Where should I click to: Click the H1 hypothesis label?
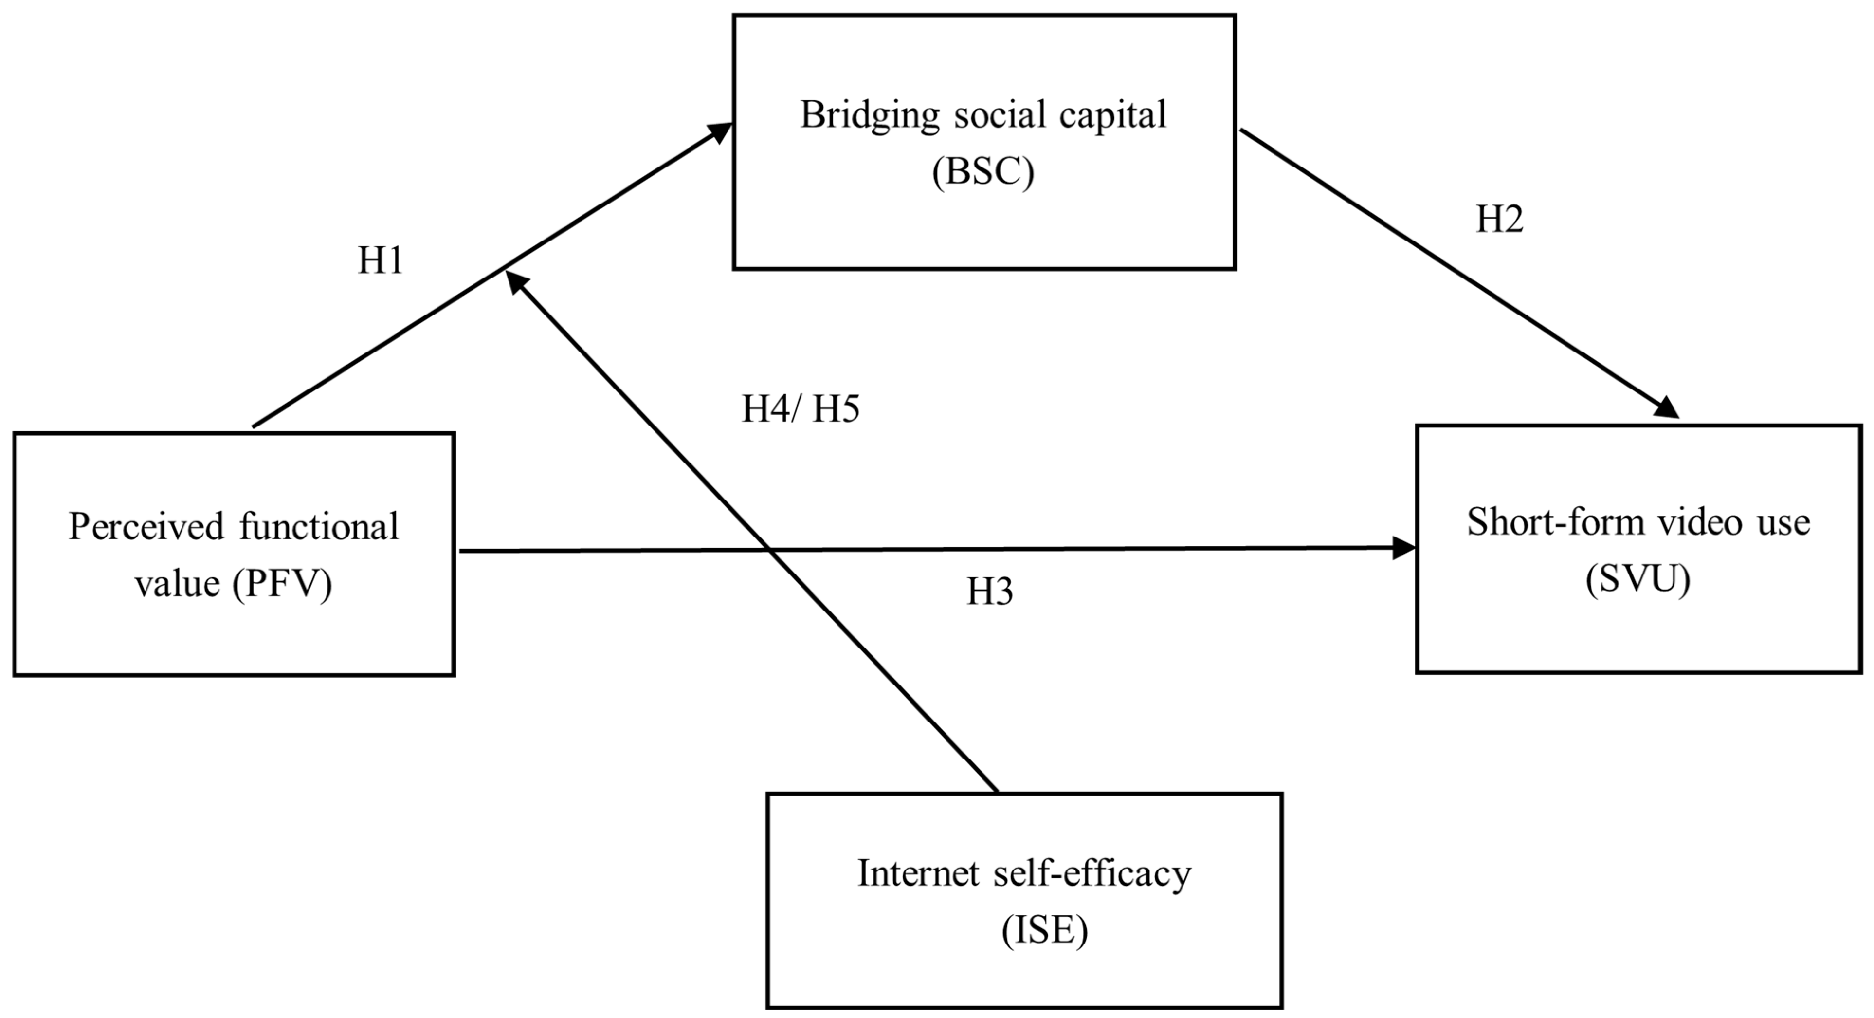pyautogui.click(x=380, y=260)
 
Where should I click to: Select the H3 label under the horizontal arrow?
pyautogui.click(x=989, y=592)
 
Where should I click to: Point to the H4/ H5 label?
pyautogui.click(x=800, y=409)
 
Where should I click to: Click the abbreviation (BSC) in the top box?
pyautogui.click(x=983, y=172)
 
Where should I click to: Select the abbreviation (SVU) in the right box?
pyautogui.click(x=1637, y=579)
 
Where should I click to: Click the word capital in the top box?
pyautogui.click(x=1112, y=115)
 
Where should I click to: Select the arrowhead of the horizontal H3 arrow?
pyautogui.click(x=1403, y=548)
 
